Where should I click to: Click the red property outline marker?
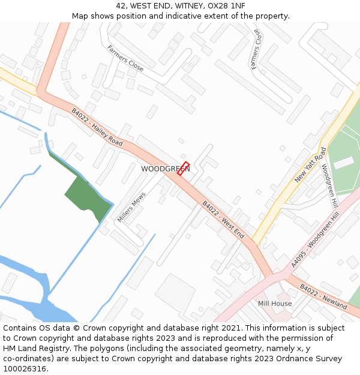(x=184, y=168)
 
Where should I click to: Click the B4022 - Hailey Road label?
(x=97, y=127)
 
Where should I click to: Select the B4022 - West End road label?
(x=223, y=220)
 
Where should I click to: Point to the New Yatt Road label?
(x=311, y=165)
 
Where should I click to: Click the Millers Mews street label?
(x=131, y=208)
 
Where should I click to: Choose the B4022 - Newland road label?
(x=323, y=296)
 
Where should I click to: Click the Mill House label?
(x=275, y=304)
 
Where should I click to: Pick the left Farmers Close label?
(x=125, y=58)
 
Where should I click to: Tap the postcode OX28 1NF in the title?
(x=226, y=6)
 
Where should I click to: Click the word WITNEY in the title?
(x=183, y=6)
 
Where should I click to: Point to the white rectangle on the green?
(x=344, y=162)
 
